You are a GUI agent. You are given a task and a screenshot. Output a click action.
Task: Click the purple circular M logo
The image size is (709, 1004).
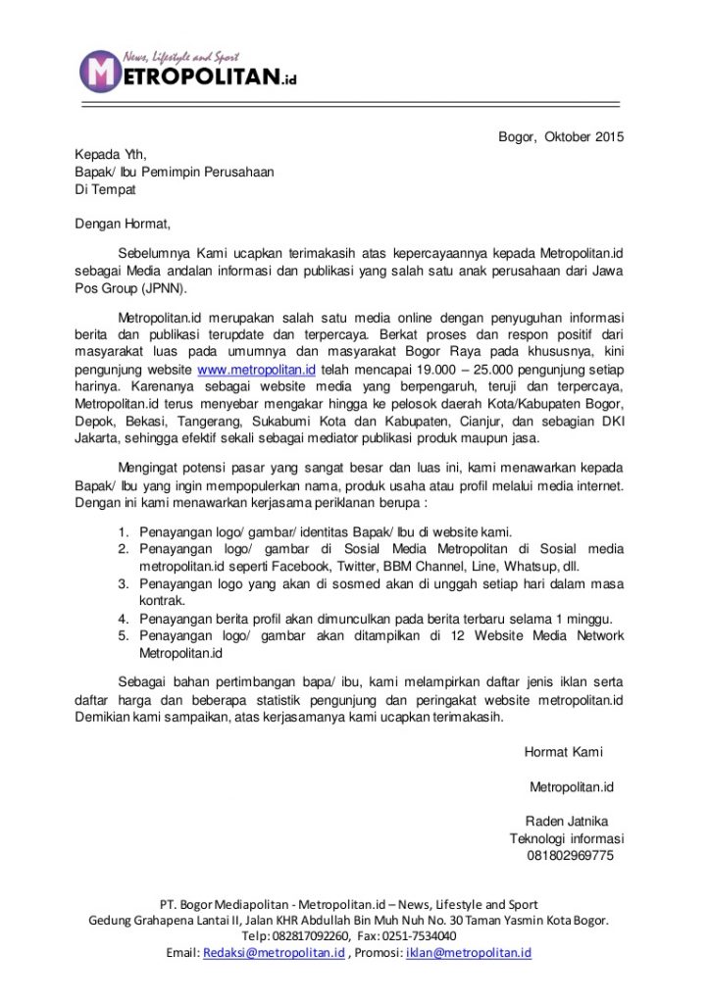[99, 71]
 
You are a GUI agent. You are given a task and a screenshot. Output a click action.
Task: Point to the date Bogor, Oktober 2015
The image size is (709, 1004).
[561, 136]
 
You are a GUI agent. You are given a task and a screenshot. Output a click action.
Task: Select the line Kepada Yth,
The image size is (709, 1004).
[110, 154]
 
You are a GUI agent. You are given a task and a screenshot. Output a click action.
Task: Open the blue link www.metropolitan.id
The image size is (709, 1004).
[256, 370]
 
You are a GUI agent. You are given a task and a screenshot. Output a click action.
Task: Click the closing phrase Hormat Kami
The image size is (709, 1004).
[564, 752]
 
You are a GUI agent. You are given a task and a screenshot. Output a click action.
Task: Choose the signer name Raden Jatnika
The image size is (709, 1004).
[567, 821]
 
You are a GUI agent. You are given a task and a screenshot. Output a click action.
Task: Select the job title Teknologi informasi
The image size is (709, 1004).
[567, 838]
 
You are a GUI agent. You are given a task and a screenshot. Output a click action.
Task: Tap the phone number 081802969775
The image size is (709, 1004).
[570, 856]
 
